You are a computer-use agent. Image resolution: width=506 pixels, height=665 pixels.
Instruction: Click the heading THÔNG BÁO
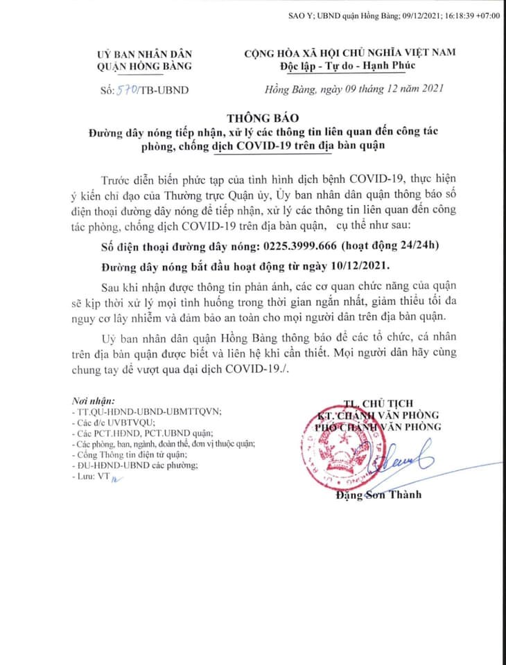pos(252,118)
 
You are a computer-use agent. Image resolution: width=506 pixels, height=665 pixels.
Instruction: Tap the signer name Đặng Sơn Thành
pos(378,495)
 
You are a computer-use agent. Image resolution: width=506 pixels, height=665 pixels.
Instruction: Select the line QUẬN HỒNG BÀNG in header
pos(144,66)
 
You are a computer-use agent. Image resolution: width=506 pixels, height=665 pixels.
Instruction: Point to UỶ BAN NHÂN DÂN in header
pos(144,54)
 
